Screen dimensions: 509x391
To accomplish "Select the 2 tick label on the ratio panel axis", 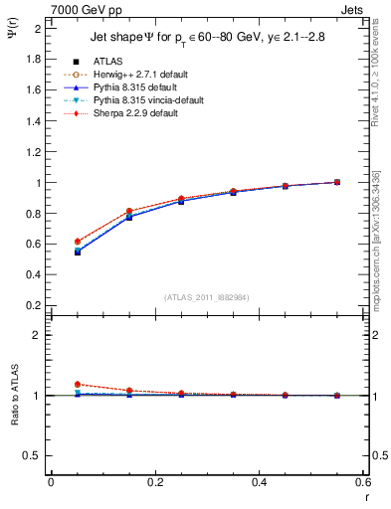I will pos(38,335).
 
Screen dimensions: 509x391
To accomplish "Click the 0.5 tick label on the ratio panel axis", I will pos(33,455).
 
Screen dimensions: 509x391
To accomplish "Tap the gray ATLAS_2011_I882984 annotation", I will pos(207,297).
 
